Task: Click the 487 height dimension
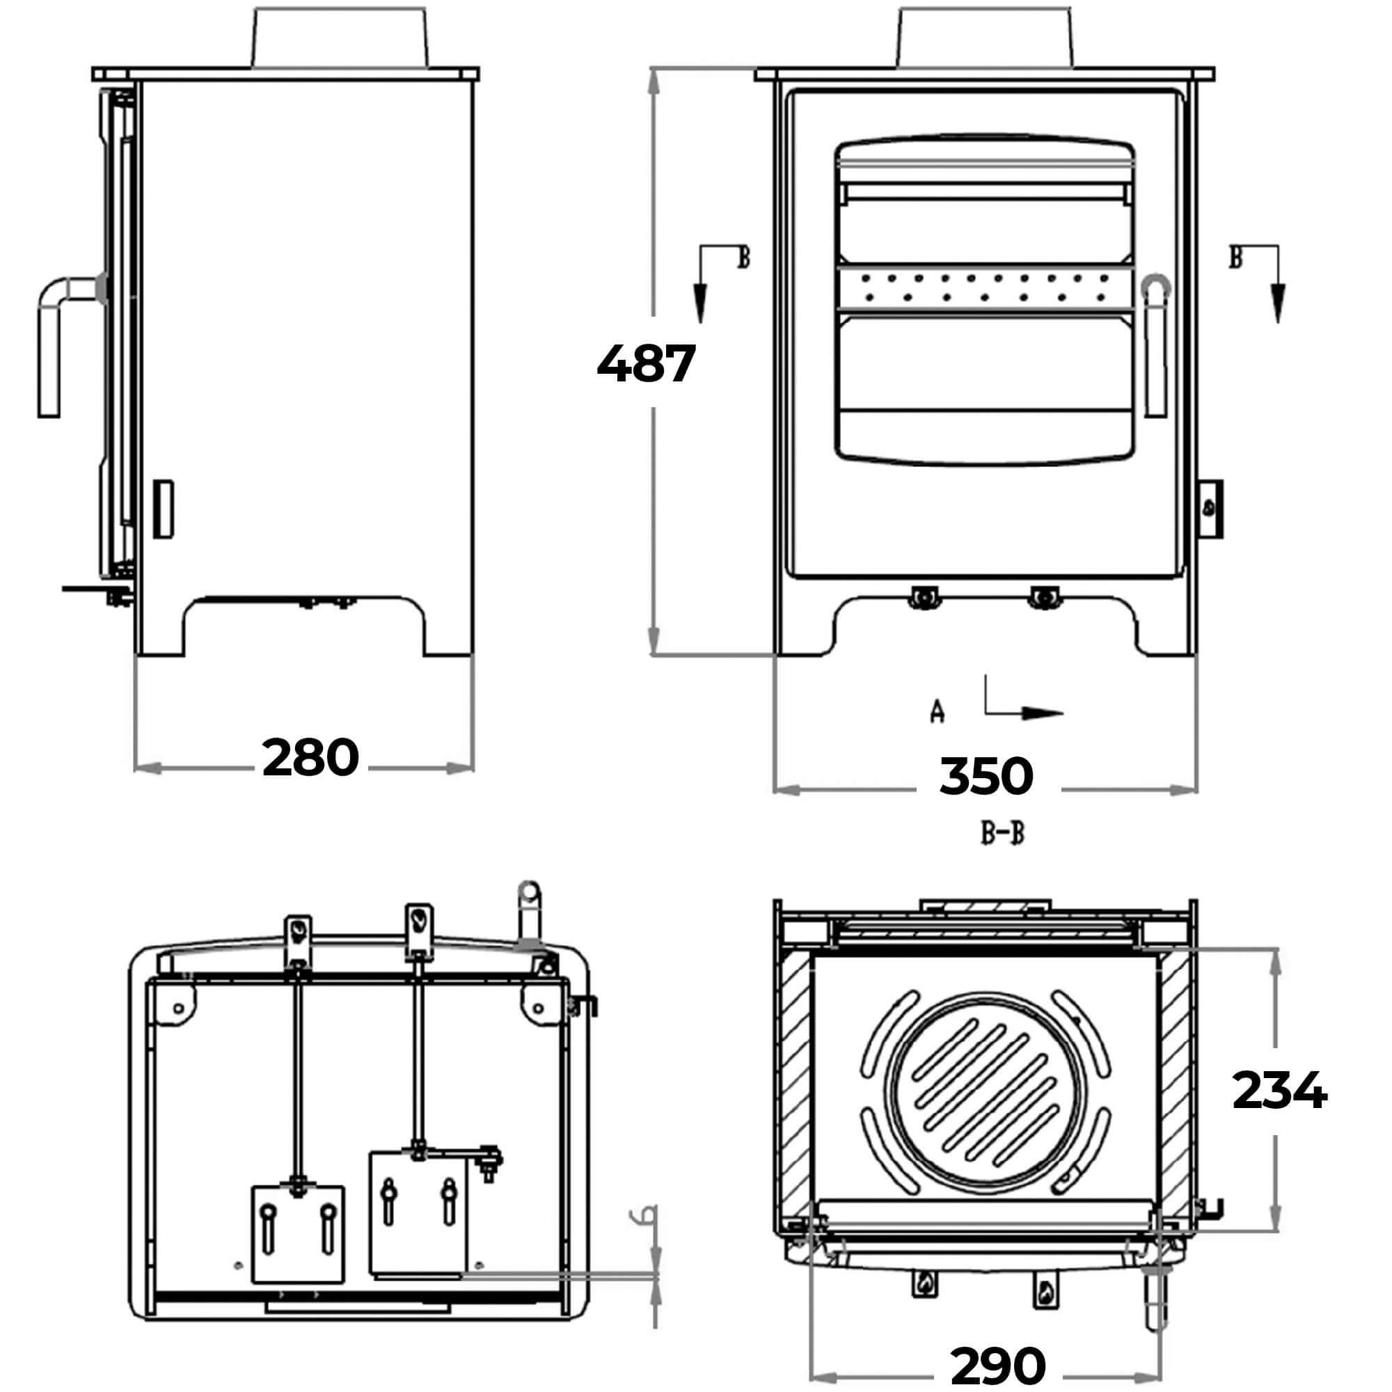point(646,363)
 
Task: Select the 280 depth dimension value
point(310,757)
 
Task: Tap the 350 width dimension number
point(986,776)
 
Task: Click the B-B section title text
point(1002,834)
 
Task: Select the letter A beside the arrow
point(937,711)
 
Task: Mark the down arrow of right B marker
point(1277,303)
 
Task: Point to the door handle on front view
point(1155,346)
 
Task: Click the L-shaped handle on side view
point(58,339)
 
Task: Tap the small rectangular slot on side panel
point(163,508)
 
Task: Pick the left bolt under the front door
point(924,597)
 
